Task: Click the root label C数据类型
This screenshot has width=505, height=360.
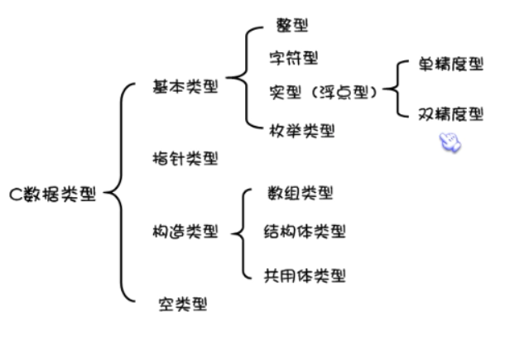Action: pos(53,195)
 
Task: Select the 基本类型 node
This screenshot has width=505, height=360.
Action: pos(185,85)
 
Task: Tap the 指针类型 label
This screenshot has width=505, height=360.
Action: pos(185,157)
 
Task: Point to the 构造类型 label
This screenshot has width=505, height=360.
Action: pos(185,232)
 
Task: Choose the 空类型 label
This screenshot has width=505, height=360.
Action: pos(182,304)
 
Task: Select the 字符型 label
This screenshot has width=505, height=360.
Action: pos(293,58)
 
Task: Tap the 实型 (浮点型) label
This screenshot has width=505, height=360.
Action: pos(323,91)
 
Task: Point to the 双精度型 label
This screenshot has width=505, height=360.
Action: pos(450,114)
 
